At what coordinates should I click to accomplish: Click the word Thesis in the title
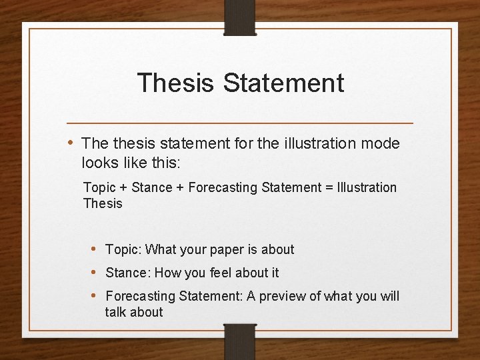(176, 83)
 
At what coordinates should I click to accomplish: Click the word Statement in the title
(283, 83)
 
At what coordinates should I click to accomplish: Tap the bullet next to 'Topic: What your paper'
(94, 249)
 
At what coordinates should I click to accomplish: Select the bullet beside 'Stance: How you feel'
(94, 272)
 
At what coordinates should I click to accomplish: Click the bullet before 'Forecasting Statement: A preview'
(94, 295)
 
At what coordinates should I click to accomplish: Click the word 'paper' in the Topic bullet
(227, 250)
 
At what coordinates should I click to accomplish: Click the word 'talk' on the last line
(116, 312)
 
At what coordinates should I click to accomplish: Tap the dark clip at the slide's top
(240, 17)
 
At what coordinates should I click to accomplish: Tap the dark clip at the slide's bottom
(240, 341)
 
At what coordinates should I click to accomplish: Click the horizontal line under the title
(240, 123)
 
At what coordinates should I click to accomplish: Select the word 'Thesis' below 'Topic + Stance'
(103, 204)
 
